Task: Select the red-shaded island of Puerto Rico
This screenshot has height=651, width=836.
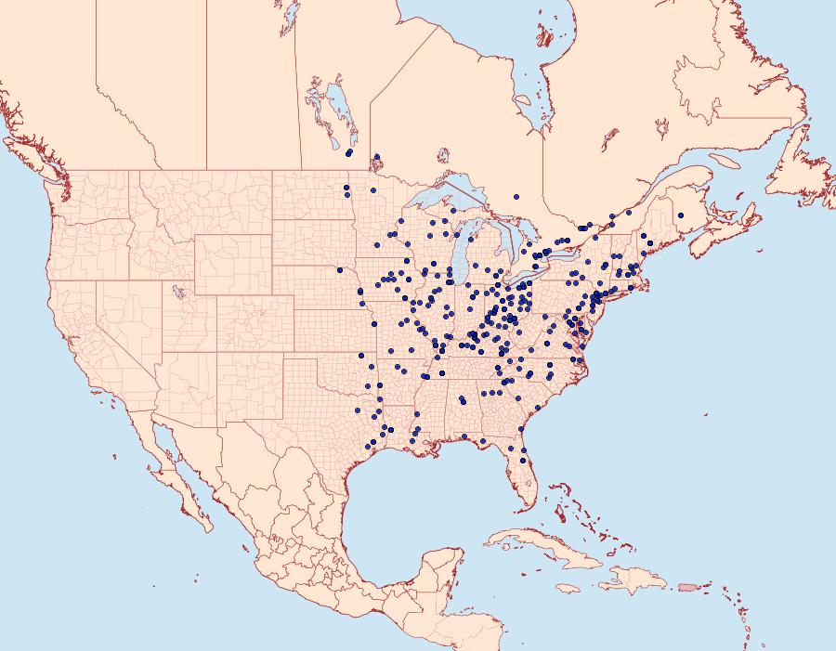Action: click(x=688, y=586)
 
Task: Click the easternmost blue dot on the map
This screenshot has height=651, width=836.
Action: click(x=681, y=215)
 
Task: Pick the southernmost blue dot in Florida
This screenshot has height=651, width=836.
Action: click(x=524, y=461)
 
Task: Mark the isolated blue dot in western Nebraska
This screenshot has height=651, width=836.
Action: click(x=340, y=270)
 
